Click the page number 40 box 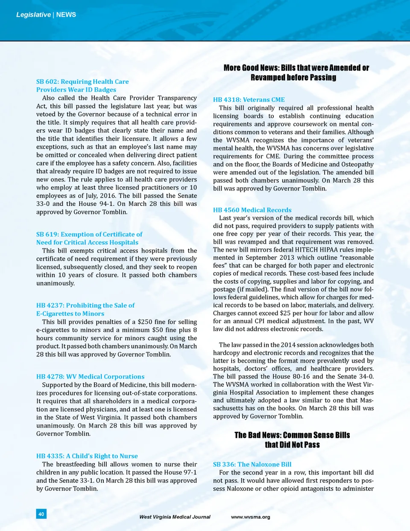pos(41,514)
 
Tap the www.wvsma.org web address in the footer pos(250,517)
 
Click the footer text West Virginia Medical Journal pos(175,517)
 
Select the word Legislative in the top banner pos(33,15)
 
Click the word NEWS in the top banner pos(66,15)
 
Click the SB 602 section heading pos(82,85)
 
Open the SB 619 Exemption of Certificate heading pos(89,238)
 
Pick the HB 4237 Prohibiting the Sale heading pos(85,309)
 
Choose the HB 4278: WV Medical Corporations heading pos(90,377)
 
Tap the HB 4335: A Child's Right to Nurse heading pos(87,456)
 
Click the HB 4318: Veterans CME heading pos(249,100)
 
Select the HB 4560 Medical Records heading pos(252,210)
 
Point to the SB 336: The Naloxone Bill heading pos(252,464)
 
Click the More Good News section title pos(296,73)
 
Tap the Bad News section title pos(292,440)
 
